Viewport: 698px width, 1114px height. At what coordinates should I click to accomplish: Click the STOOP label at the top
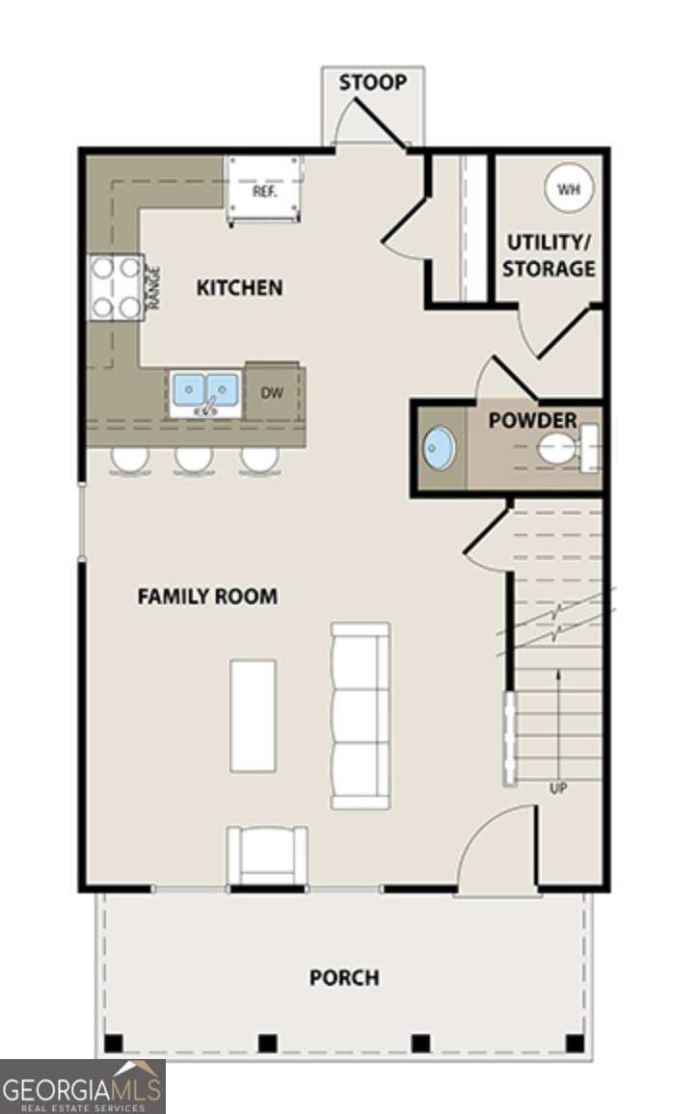point(372,83)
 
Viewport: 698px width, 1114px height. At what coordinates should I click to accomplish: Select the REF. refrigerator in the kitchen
point(265,190)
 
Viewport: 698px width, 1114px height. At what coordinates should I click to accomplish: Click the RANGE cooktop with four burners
point(116,287)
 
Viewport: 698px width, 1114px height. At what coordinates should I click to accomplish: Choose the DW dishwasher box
point(271,392)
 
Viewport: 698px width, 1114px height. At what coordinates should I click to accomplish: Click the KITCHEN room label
point(239,287)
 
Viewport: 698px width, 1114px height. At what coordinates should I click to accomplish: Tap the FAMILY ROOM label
point(207,597)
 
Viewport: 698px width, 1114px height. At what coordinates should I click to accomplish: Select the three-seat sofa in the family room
point(361,715)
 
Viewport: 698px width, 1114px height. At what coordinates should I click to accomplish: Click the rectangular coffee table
point(253,715)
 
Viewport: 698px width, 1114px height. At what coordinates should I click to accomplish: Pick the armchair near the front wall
point(267,855)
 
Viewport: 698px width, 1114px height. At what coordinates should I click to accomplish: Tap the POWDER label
point(532,420)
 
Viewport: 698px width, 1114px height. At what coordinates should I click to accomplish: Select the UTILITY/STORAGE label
point(549,255)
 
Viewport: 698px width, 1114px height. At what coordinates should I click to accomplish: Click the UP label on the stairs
point(558,788)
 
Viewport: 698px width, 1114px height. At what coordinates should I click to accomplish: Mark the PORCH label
point(344,978)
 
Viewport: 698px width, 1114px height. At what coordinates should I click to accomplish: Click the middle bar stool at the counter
point(194,460)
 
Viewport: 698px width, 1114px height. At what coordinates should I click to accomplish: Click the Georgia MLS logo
point(83,1086)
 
